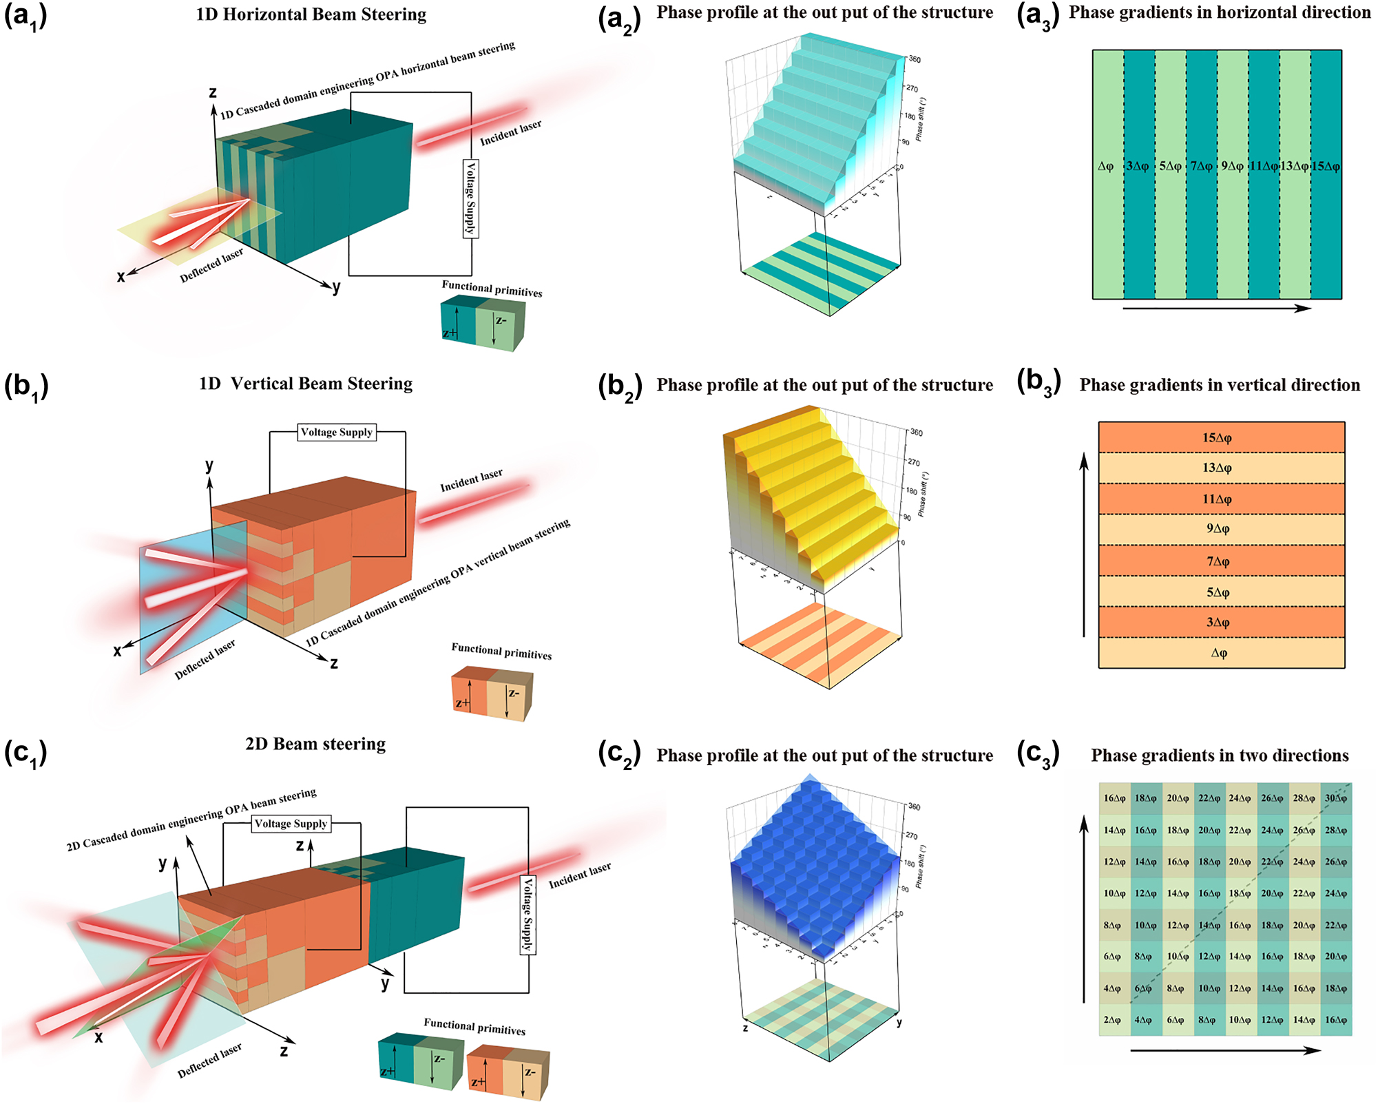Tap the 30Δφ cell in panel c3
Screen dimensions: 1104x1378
[x=1335, y=798]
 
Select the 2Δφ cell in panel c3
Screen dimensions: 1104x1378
[x=1112, y=1020]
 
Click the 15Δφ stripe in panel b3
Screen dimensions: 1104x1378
[x=1218, y=438]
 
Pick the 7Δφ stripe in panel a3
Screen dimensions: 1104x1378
[x=1202, y=167]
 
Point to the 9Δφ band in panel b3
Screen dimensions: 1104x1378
[x=1218, y=529]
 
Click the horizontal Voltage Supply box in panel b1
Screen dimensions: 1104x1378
[x=337, y=433]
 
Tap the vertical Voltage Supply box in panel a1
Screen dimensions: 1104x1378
[x=471, y=199]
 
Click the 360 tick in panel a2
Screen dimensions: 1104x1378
[x=915, y=59]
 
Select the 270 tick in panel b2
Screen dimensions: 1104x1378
[x=913, y=462]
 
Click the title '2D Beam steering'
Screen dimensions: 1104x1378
[x=315, y=744]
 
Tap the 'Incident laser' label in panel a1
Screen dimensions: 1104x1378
[x=510, y=133]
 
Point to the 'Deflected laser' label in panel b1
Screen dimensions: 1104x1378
[x=205, y=660]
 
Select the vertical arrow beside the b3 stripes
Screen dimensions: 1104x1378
[x=1085, y=544]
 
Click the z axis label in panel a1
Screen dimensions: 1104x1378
[x=213, y=92]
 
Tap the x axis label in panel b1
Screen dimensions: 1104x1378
[x=117, y=651]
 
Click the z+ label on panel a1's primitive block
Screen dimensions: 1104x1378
[x=448, y=333]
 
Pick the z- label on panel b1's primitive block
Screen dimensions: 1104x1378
[x=514, y=694]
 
